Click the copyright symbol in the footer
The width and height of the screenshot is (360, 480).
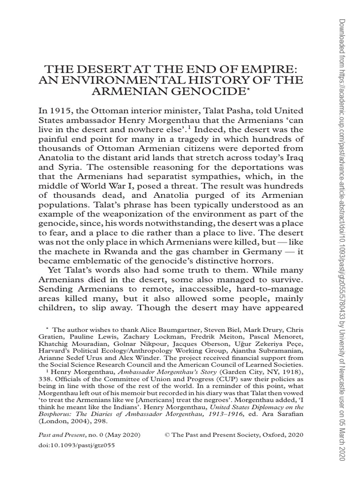(x=167, y=435)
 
